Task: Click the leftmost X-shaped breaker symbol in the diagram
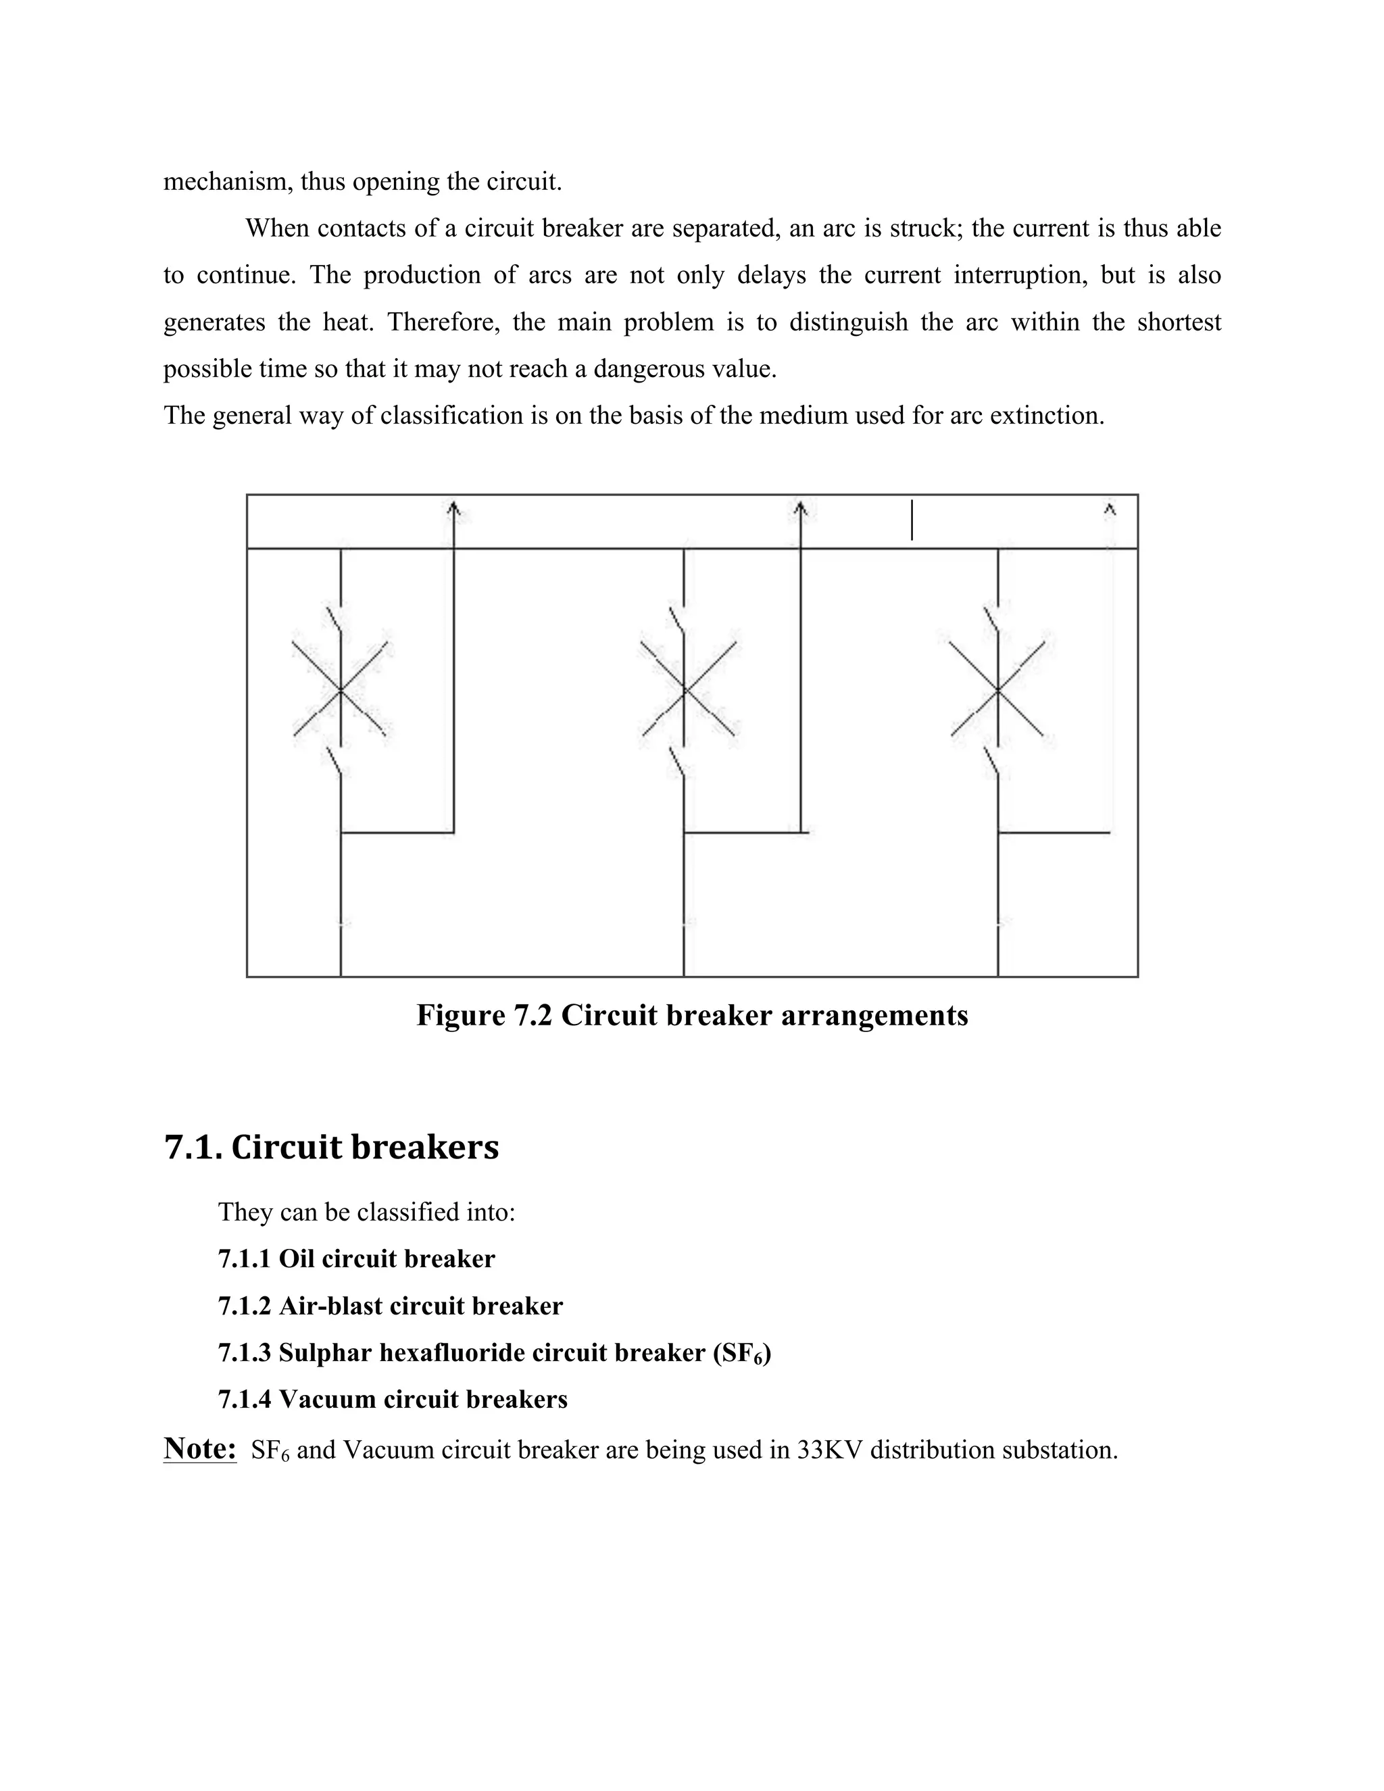(341, 689)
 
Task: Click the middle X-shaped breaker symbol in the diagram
(687, 689)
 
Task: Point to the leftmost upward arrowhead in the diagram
(453, 510)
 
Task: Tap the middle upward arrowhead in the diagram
(801, 510)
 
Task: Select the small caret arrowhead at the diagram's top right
(1110, 510)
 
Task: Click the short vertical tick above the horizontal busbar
(912, 520)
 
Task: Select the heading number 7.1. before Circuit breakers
(193, 1146)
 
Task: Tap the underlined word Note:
(200, 1449)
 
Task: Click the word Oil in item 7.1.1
(296, 1259)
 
